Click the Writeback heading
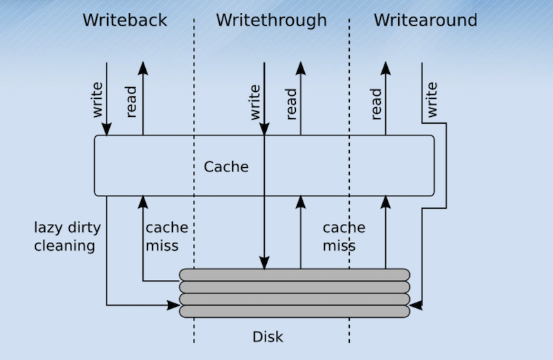pos(124,20)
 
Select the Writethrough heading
pos(271,20)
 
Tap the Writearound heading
pos(425,20)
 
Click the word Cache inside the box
pos(226,167)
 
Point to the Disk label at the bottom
pos(268,337)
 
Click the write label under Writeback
pos(97,100)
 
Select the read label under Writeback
pos(132,102)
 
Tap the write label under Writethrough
pos(254,100)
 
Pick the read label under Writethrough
pos(290,102)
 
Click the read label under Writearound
pos(375,102)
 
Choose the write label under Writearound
pos(431,100)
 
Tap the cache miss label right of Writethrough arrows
pos(344,236)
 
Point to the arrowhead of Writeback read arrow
pos(143,68)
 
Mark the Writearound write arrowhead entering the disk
pos(416,304)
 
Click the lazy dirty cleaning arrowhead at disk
pos(173,304)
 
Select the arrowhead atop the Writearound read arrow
pos(386,68)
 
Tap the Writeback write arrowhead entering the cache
pos(107,129)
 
